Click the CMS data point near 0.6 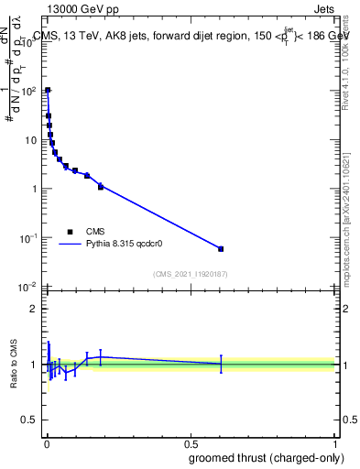[x=220, y=248]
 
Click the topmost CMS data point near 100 [x=48, y=91]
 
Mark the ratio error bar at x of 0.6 [x=220, y=364]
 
